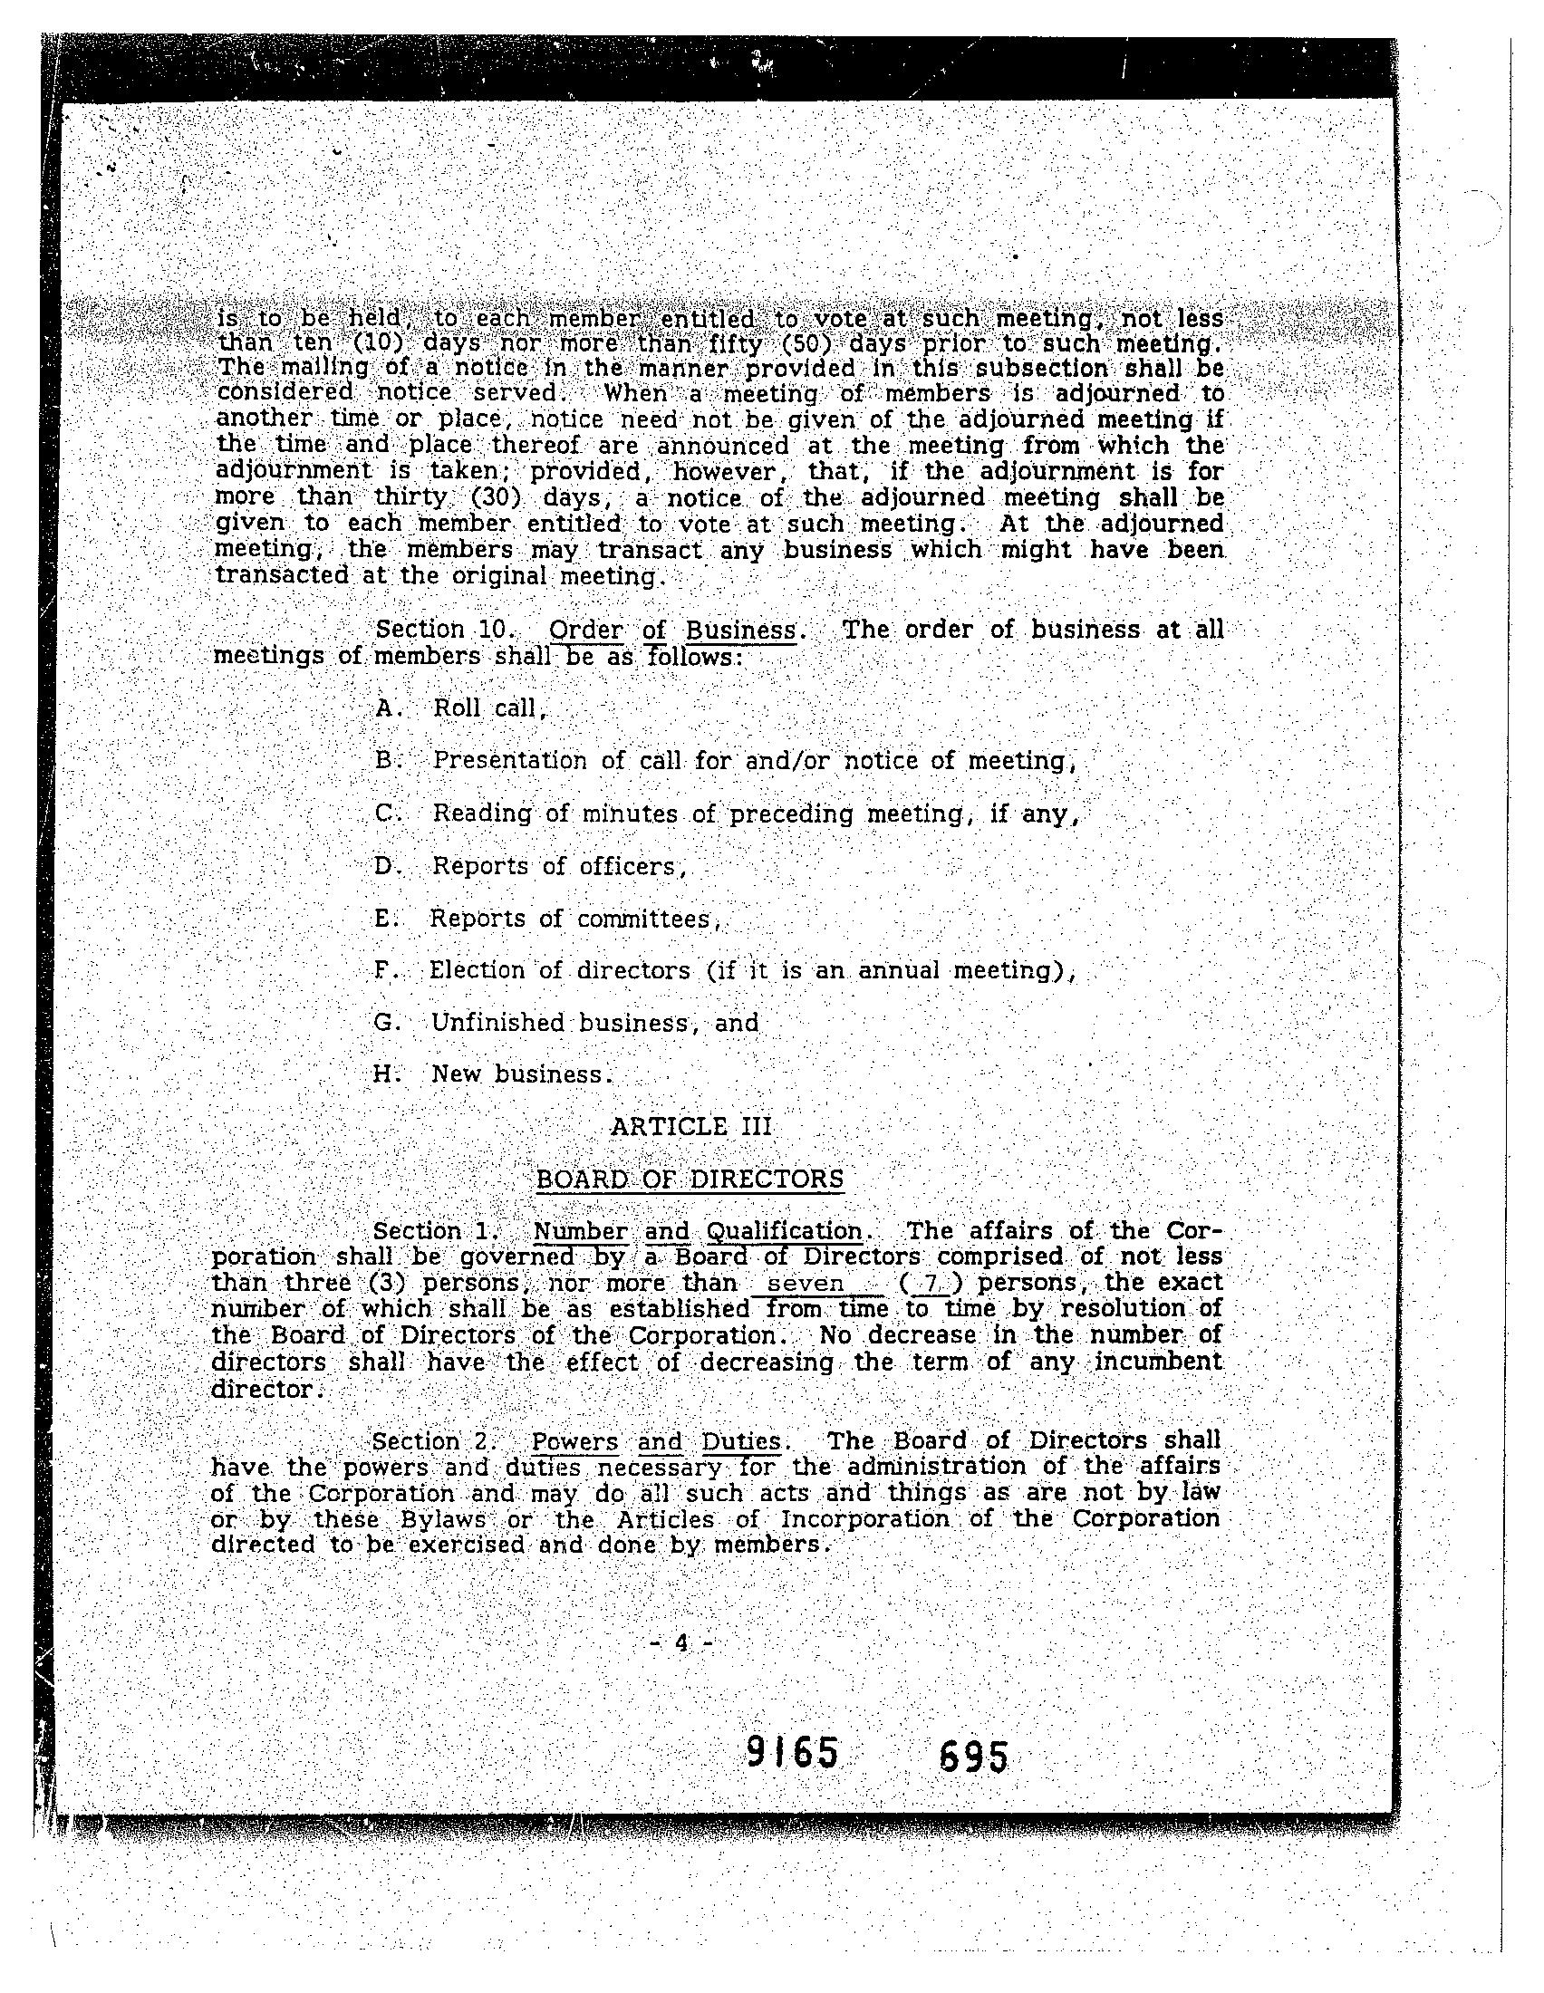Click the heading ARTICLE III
[690, 1126]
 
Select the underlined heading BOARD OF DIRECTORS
[689, 1179]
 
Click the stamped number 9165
[791, 1753]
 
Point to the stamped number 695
[973, 1757]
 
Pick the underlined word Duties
[740, 1442]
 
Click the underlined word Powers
[574, 1442]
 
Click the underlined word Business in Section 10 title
[741, 630]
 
